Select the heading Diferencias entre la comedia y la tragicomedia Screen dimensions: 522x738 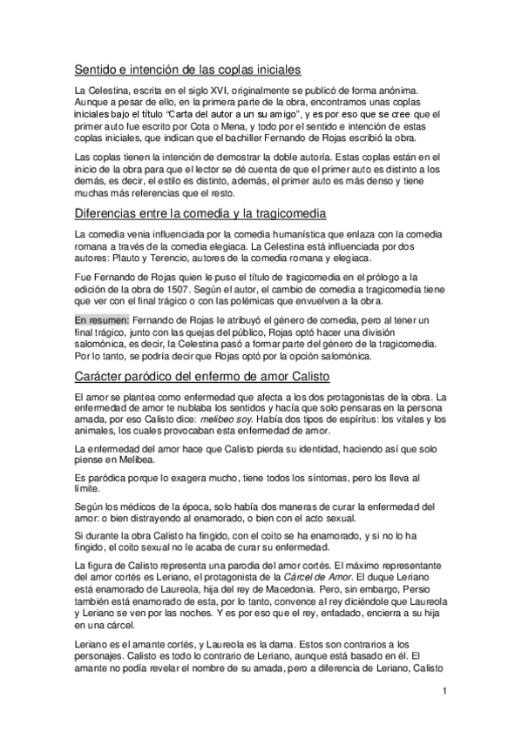click(x=200, y=212)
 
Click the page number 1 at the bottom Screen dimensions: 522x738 click(x=444, y=693)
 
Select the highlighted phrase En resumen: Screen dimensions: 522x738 click(x=102, y=319)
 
